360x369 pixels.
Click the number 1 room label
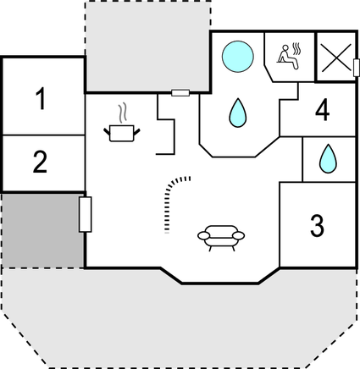[42, 98]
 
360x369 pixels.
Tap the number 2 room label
[40, 162]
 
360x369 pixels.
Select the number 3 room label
[318, 226]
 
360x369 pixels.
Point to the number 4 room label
[322, 110]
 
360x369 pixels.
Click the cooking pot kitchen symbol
[122, 134]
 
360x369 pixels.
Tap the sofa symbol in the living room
[221, 239]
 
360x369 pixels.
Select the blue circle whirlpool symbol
[238, 57]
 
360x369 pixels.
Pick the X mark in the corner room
[336, 58]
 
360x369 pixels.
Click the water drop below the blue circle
[238, 113]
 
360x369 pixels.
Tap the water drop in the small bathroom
[328, 159]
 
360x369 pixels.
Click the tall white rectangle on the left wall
[85, 214]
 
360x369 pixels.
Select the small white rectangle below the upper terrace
[180, 92]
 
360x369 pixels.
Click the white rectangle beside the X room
[357, 68]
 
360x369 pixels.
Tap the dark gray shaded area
[43, 230]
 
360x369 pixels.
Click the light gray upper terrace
[148, 47]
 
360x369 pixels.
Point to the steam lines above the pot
[122, 113]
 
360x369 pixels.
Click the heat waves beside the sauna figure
[296, 49]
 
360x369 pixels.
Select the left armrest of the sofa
[204, 235]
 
